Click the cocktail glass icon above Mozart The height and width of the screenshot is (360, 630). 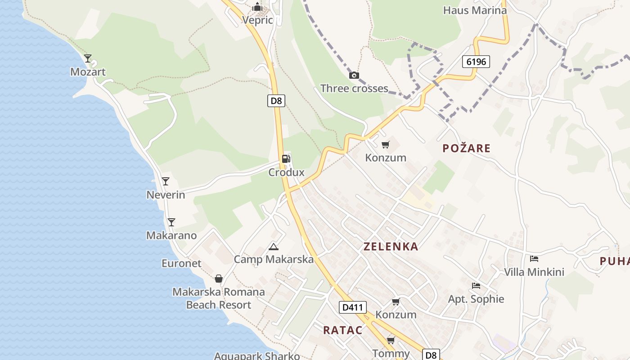(x=88, y=58)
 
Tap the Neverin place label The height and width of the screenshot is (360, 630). (x=166, y=195)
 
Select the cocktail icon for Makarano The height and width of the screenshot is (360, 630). (x=171, y=222)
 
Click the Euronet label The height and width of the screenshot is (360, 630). (x=181, y=263)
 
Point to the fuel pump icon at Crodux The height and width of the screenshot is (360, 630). (x=286, y=158)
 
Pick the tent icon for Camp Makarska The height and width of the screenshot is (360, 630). (x=273, y=247)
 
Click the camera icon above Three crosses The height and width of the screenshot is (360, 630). (x=354, y=75)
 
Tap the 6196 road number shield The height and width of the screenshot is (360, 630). (x=476, y=62)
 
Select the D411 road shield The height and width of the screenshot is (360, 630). (x=352, y=307)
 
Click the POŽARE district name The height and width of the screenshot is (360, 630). (x=466, y=148)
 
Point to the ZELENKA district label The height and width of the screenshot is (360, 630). (x=391, y=247)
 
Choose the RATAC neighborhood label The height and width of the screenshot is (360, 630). (x=342, y=330)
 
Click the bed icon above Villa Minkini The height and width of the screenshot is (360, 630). (x=534, y=258)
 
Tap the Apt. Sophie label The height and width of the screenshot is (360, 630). (x=476, y=299)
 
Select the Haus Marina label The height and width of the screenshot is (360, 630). (x=475, y=10)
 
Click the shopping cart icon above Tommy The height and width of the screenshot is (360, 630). (x=391, y=340)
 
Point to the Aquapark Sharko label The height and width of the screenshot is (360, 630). (x=257, y=356)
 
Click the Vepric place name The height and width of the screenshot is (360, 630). (x=257, y=20)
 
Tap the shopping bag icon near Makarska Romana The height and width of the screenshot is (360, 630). (x=219, y=279)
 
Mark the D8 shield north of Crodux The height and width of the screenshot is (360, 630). (x=276, y=101)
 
